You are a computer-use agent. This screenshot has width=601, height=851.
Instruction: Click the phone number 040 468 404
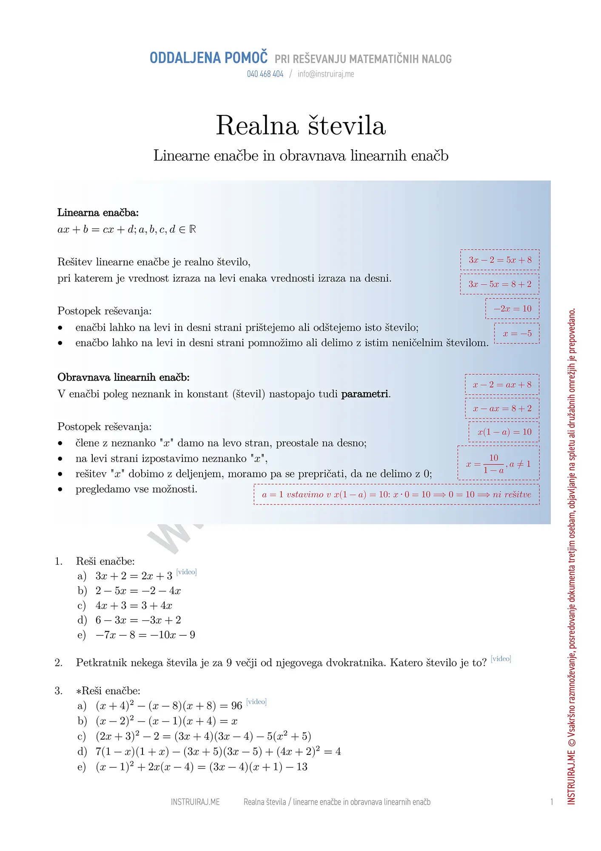pyautogui.click(x=265, y=74)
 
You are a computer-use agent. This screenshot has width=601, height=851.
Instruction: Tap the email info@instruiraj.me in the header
pyautogui.click(x=326, y=74)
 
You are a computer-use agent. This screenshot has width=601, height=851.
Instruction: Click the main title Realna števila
pyautogui.click(x=301, y=126)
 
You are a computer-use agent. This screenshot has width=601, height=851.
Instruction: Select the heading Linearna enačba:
pyautogui.click(x=98, y=212)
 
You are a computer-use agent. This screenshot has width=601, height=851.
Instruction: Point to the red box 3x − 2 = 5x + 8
pyautogui.click(x=500, y=260)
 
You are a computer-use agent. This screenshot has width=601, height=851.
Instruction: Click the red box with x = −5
pyautogui.click(x=517, y=333)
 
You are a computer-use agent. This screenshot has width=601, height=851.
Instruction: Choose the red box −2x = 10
pyautogui.click(x=512, y=308)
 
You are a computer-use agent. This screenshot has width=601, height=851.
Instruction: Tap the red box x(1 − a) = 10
pyautogui.click(x=504, y=432)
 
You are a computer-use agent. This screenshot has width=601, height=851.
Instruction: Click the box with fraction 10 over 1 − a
pyautogui.click(x=498, y=463)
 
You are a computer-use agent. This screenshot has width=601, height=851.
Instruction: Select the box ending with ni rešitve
pyautogui.click(x=396, y=494)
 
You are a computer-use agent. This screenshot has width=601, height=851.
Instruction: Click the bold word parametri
pyautogui.click(x=365, y=394)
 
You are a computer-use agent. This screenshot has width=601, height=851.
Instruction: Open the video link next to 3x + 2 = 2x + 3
pyautogui.click(x=186, y=572)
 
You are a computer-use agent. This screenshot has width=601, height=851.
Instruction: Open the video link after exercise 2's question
pyautogui.click(x=501, y=659)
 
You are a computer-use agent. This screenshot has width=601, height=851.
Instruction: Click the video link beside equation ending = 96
pyautogui.click(x=256, y=702)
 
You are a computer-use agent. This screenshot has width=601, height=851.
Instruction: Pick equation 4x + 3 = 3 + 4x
pyautogui.click(x=134, y=605)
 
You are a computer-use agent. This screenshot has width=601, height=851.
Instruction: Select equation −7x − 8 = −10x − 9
pyautogui.click(x=145, y=635)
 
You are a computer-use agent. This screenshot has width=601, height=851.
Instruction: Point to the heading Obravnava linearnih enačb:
pyautogui.click(x=123, y=377)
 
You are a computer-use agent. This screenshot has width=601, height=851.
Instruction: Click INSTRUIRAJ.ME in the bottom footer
pyautogui.click(x=195, y=802)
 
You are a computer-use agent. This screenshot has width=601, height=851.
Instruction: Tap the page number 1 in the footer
pyautogui.click(x=552, y=802)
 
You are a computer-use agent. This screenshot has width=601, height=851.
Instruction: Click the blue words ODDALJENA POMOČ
pyautogui.click(x=208, y=58)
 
